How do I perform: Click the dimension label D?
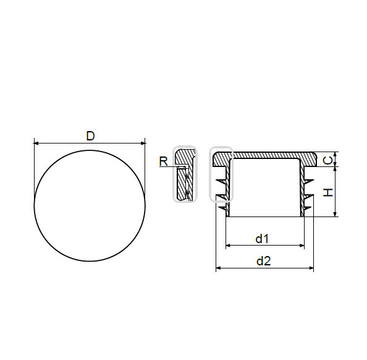(x=90, y=136)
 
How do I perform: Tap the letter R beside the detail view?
(x=163, y=161)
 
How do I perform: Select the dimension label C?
(x=327, y=161)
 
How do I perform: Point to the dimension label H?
(x=328, y=192)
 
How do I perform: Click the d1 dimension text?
(x=262, y=239)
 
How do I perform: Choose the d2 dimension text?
(x=264, y=261)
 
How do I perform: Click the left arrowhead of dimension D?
(x=36, y=143)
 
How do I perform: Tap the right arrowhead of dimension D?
(x=143, y=143)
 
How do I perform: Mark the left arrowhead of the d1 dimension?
(x=228, y=246)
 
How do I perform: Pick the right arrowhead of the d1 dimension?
(x=302, y=246)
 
